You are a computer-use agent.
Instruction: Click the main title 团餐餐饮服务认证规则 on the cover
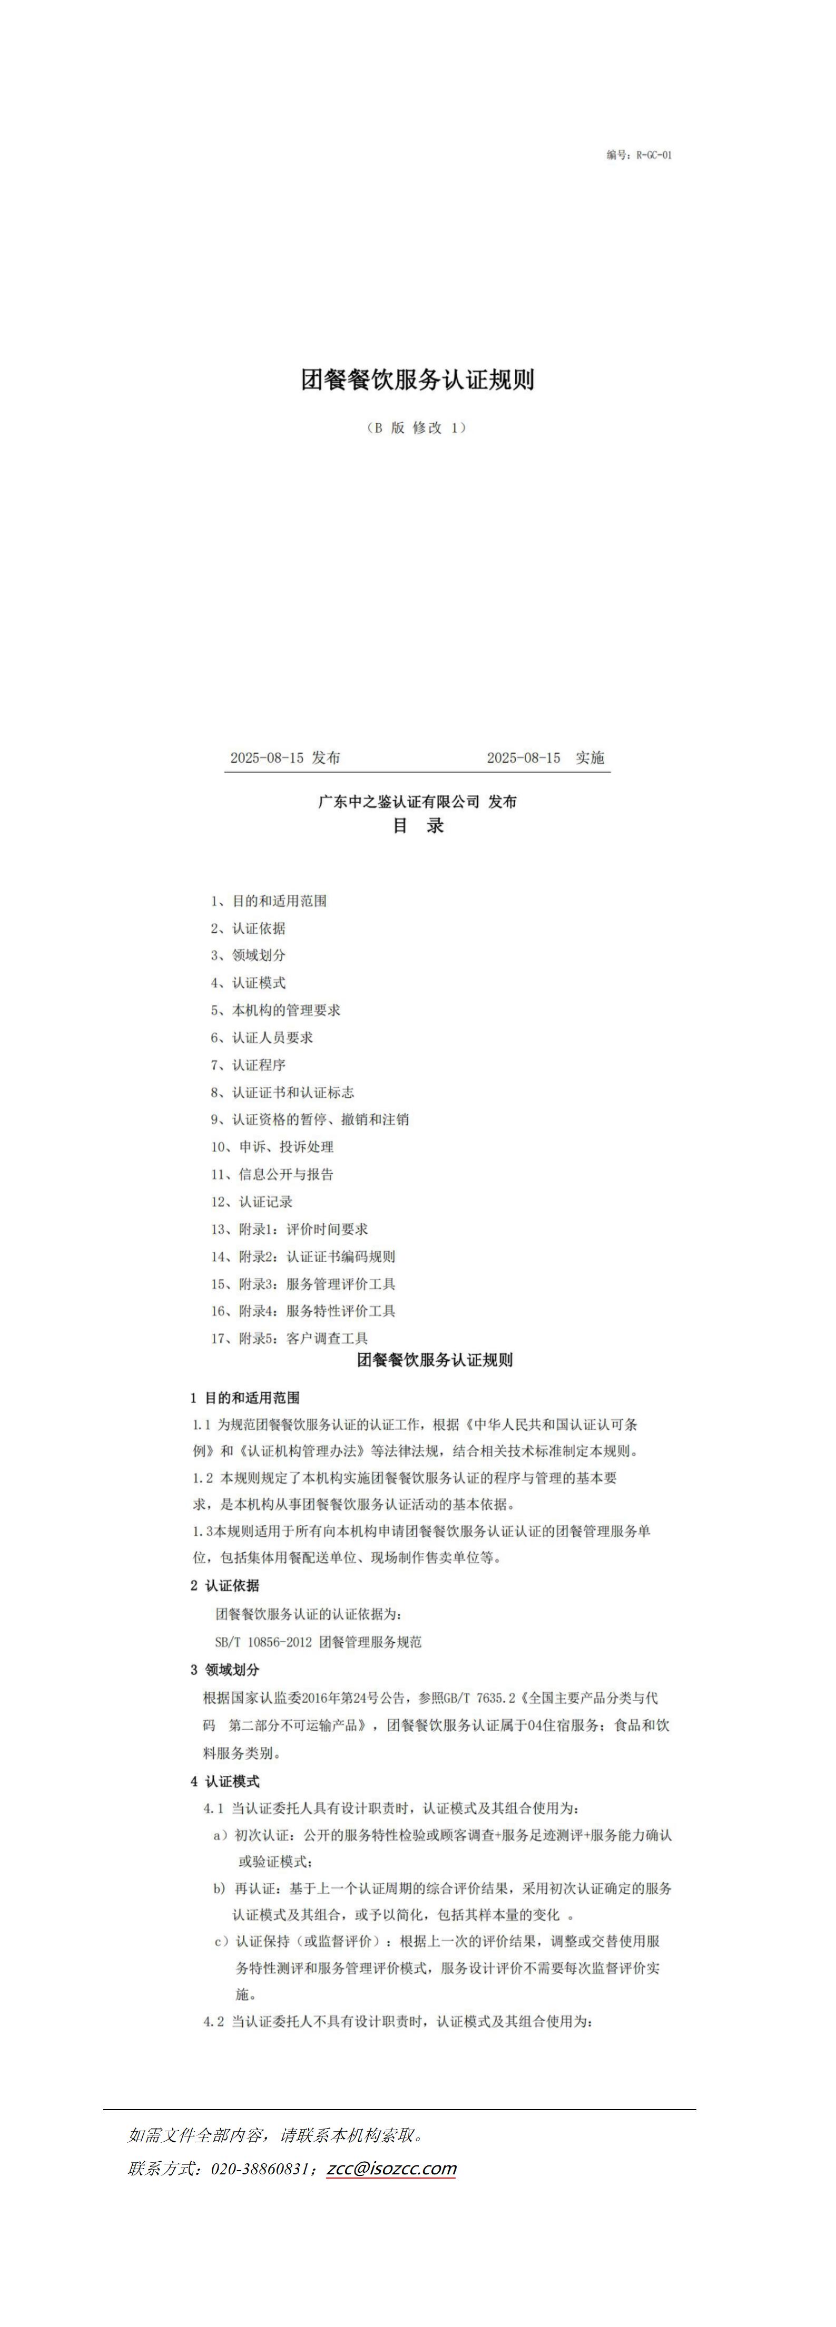418,379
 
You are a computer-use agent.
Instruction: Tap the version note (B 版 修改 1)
418,428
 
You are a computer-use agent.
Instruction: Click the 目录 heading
418,826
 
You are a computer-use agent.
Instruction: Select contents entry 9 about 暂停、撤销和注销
310,1119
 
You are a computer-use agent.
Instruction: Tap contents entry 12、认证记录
252,1202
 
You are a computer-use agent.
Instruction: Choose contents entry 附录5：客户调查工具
290,1338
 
